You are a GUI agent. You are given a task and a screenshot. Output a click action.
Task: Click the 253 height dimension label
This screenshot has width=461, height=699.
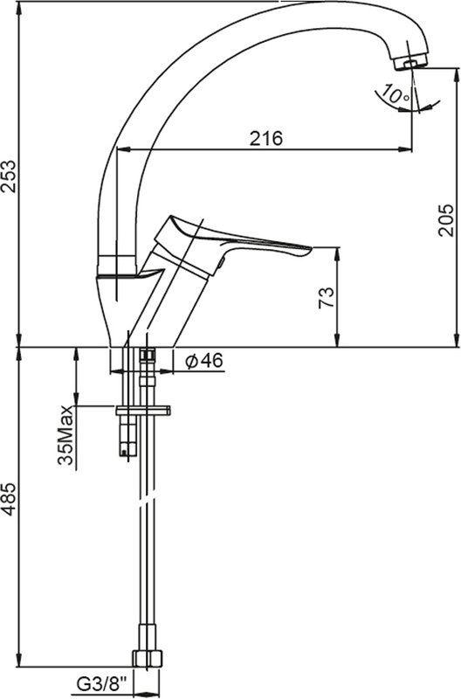click(10, 176)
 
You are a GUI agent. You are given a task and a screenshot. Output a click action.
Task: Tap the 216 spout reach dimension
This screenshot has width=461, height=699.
click(266, 139)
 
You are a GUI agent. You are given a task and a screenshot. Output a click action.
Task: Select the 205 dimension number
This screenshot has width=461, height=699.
click(445, 220)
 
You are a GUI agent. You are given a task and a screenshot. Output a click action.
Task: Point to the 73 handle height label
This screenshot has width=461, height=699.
click(326, 298)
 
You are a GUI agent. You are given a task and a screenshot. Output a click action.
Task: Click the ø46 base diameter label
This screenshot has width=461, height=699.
click(204, 361)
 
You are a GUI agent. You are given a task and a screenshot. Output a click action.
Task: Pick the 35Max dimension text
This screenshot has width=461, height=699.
click(65, 435)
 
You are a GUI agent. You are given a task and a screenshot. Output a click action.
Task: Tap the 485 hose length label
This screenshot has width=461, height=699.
click(10, 499)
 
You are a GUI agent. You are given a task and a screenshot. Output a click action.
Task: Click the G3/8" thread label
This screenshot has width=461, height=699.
click(102, 682)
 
